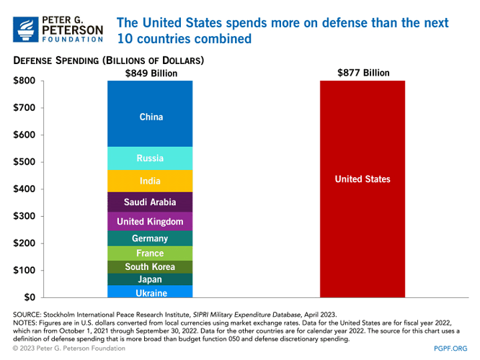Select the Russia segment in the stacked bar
coord(151,158)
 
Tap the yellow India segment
coord(151,181)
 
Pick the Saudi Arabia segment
coord(151,202)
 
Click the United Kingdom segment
coord(151,222)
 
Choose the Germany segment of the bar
coord(151,238)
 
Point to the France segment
coord(151,253)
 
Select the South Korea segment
coord(151,266)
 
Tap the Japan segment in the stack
coord(151,279)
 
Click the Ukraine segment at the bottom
coord(151,292)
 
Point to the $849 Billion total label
coord(151,73)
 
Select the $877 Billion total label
coord(363,73)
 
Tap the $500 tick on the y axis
coord(25,162)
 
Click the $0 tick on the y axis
coord(30,297)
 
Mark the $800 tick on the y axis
coord(25,81)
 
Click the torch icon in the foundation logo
coord(27,28)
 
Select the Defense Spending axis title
coord(108,60)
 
